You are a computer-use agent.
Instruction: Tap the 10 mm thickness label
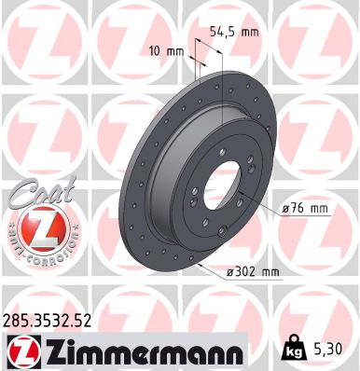[166, 51]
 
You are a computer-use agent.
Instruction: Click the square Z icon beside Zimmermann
[21, 350]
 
